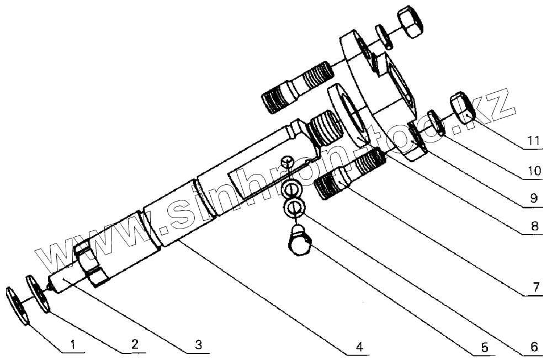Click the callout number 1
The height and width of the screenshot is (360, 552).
72,346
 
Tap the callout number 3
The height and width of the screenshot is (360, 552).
199,346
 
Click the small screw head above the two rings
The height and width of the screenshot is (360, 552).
286,162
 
